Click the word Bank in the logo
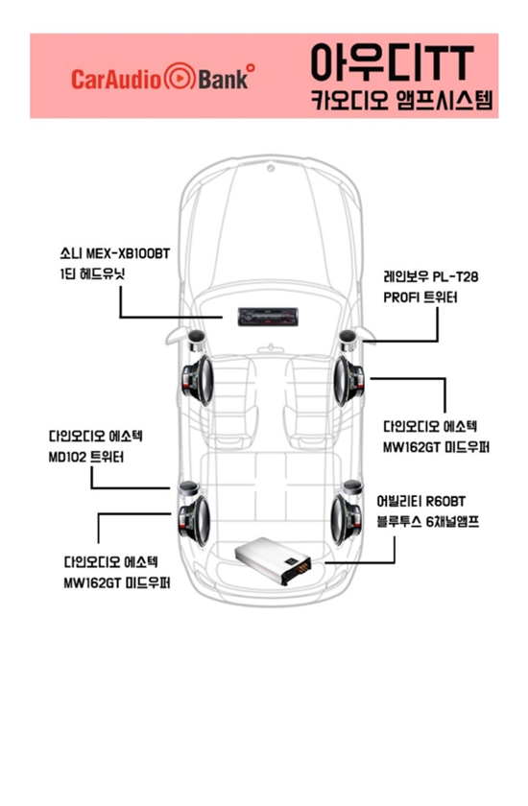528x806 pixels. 223,79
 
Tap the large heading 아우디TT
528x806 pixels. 393,62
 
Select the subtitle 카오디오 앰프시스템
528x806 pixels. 401,100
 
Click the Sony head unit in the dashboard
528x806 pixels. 268,318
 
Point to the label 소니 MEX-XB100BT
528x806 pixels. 114,253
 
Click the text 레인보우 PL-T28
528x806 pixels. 431,276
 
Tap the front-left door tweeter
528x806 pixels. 196,340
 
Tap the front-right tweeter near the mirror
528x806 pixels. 348,340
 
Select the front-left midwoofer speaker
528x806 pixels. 198,380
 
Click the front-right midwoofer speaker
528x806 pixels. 348,380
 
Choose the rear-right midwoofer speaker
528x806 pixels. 346,519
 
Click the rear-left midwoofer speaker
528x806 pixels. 194,521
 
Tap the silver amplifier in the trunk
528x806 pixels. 273,560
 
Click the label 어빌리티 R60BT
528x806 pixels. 421,501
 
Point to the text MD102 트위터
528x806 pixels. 85,457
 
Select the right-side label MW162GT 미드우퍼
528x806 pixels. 436,447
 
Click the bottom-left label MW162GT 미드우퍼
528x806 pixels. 117,583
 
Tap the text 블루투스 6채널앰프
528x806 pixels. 428,522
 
